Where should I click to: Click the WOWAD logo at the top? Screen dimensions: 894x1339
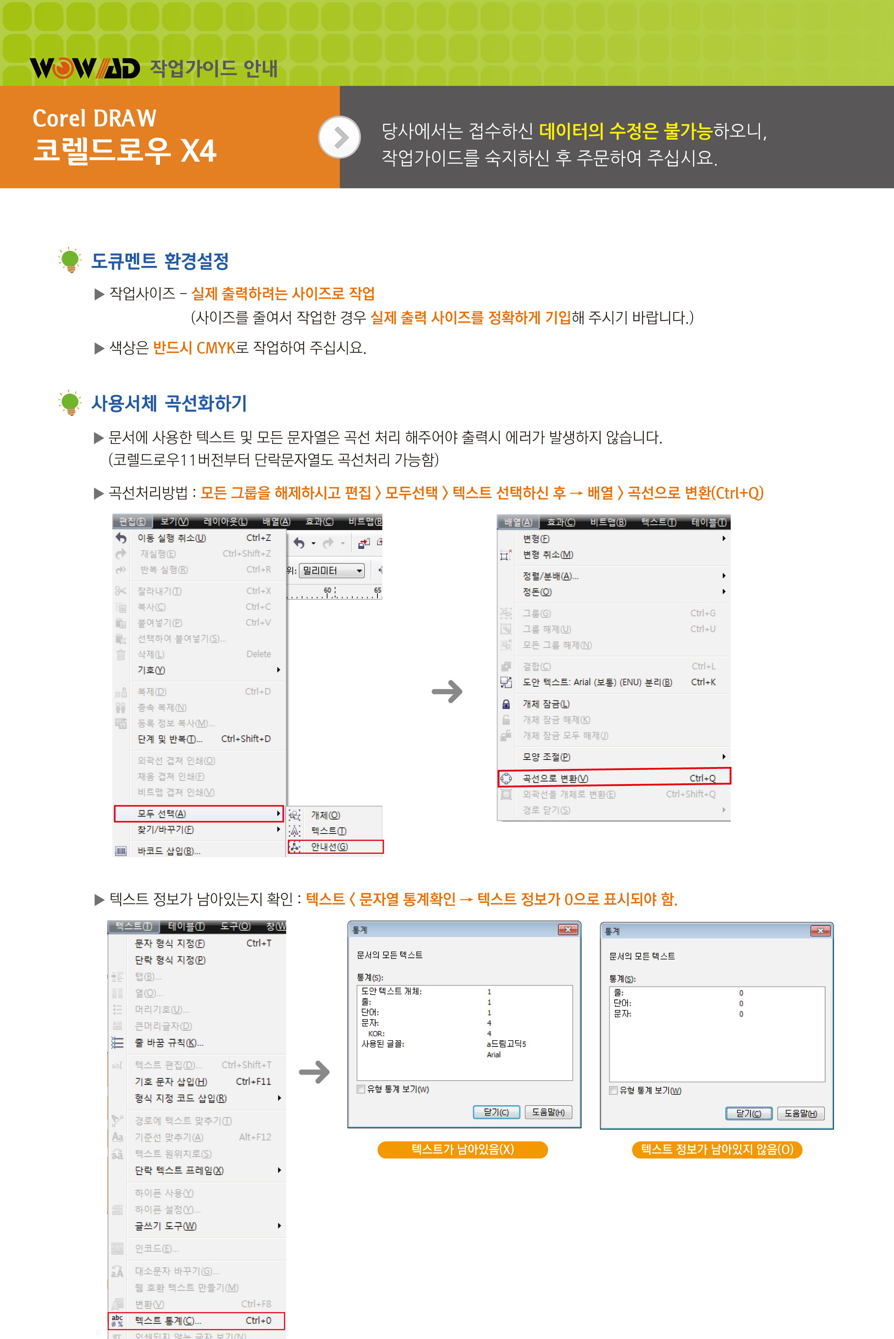tap(85, 69)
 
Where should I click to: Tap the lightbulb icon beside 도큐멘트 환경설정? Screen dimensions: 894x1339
tap(70, 260)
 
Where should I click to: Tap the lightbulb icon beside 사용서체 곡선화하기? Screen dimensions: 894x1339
tap(70, 403)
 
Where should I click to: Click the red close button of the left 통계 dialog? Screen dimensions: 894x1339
tap(568, 929)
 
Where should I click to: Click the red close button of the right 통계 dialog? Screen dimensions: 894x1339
tap(820, 931)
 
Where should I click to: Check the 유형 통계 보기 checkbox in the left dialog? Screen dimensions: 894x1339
tap(361, 1089)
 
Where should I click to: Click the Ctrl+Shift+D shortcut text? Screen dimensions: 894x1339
tap(246, 739)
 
